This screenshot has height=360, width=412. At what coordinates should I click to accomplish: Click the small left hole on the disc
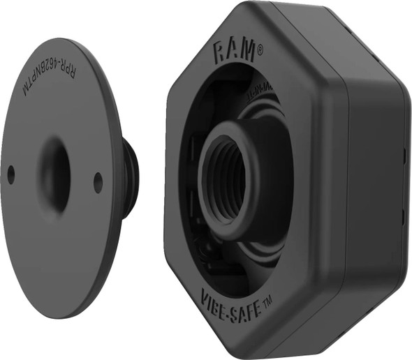[x=10, y=174]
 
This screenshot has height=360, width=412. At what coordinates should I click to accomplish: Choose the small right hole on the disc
[x=98, y=182]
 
